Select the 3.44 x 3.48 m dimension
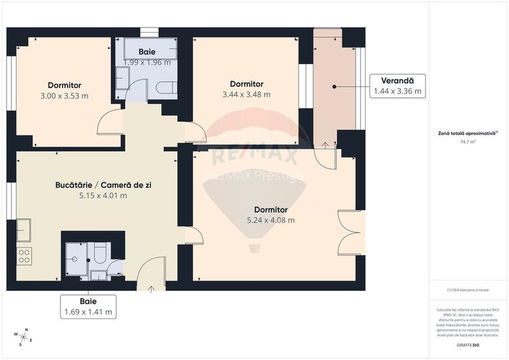246,95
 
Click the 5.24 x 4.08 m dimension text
270,221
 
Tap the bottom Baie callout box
88,306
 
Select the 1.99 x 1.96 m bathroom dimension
147,63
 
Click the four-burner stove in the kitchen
24,256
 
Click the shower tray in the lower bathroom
76,259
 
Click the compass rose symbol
23,336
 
